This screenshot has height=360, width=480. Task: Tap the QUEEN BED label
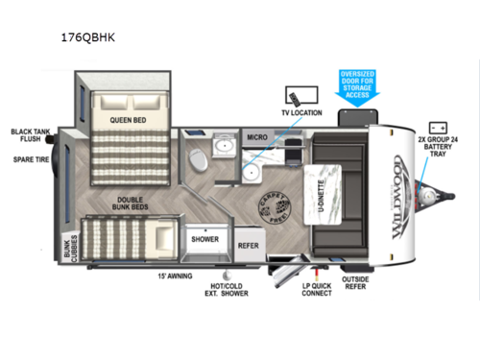pos(127,120)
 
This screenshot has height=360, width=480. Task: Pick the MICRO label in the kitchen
pos(256,138)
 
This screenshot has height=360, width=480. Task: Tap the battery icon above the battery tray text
pos(438,126)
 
